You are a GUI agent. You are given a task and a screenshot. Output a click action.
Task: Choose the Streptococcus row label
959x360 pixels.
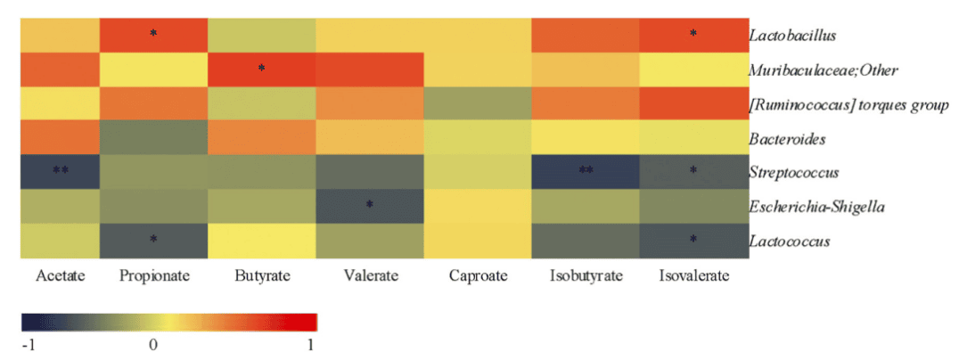[792, 173]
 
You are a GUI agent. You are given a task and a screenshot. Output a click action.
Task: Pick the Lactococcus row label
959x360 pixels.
[789, 241]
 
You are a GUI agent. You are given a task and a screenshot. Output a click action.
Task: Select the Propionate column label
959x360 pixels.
[154, 276]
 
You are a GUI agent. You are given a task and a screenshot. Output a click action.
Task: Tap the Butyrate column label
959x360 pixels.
[261, 276]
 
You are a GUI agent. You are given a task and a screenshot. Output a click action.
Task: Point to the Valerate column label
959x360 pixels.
[369, 276]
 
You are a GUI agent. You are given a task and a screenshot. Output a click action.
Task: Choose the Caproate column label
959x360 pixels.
[478, 276]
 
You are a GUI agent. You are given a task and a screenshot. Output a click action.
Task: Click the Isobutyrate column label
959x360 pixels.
[585, 276]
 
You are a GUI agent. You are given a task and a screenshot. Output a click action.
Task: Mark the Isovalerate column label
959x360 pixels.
[694, 276]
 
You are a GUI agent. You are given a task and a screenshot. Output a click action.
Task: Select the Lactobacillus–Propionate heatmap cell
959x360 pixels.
[153, 35]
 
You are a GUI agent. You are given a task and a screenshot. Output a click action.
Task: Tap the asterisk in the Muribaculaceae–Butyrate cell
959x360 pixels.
[261, 68]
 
